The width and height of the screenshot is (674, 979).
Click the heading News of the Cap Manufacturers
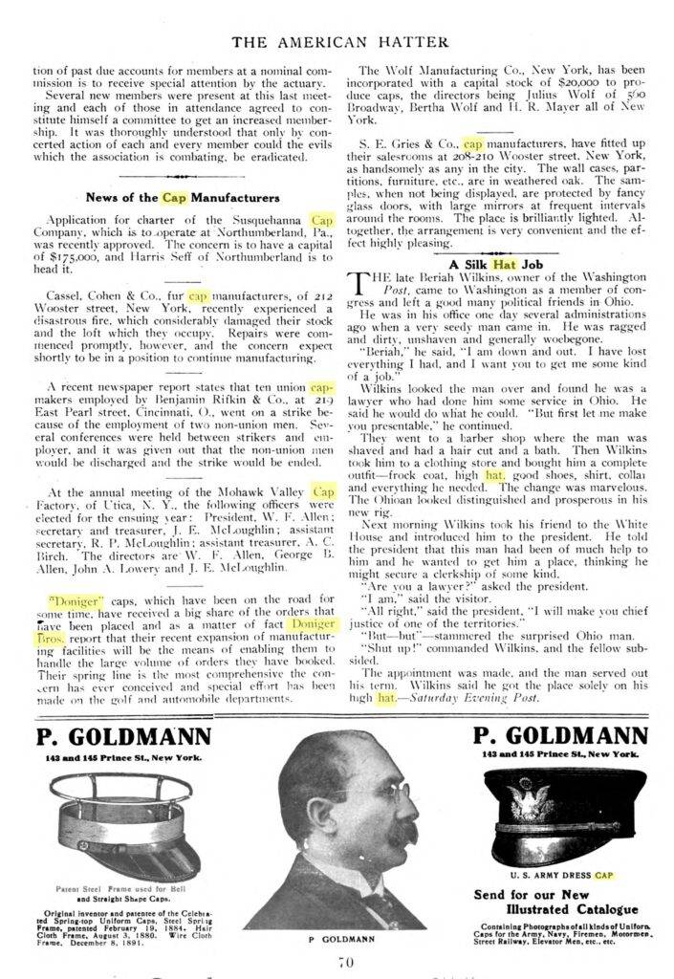[x=183, y=198]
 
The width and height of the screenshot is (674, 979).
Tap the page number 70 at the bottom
[x=336, y=962]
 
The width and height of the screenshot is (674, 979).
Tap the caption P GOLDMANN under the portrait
[x=334, y=941]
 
